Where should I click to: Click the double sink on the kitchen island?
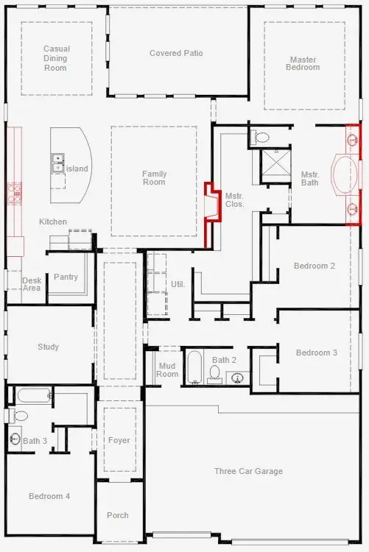point(57,163)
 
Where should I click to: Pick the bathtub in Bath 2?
point(194,366)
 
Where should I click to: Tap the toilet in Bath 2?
point(215,376)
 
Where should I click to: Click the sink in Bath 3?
point(15,440)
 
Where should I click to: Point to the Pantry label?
point(66,277)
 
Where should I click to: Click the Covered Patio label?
point(176,54)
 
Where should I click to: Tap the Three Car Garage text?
point(248,472)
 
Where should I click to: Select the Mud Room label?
point(168,370)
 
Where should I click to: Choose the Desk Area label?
point(32,284)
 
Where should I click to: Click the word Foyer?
point(119,441)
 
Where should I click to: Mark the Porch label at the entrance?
point(117,515)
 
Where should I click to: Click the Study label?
point(48,347)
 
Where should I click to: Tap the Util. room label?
point(178,284)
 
